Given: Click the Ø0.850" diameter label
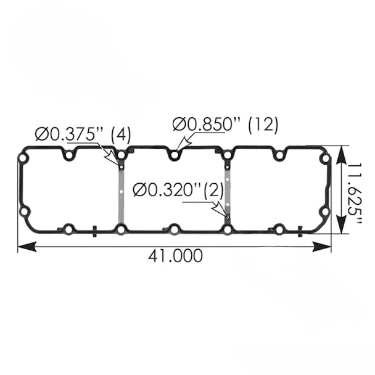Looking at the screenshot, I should pos(207,125).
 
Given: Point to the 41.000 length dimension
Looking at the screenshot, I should pos(175,255).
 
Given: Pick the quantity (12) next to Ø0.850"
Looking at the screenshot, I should pos(263,125).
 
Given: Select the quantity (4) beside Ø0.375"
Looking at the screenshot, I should pos(120,134).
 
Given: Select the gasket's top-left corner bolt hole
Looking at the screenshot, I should pos(23,159).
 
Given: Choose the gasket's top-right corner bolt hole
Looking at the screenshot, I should pos(324,159).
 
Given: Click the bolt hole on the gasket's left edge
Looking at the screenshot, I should pos(24,212).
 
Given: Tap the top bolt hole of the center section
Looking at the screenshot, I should pos(175,155).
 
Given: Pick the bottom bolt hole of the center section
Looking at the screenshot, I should pos(175,229).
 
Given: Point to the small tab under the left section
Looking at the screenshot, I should pos(95,232).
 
